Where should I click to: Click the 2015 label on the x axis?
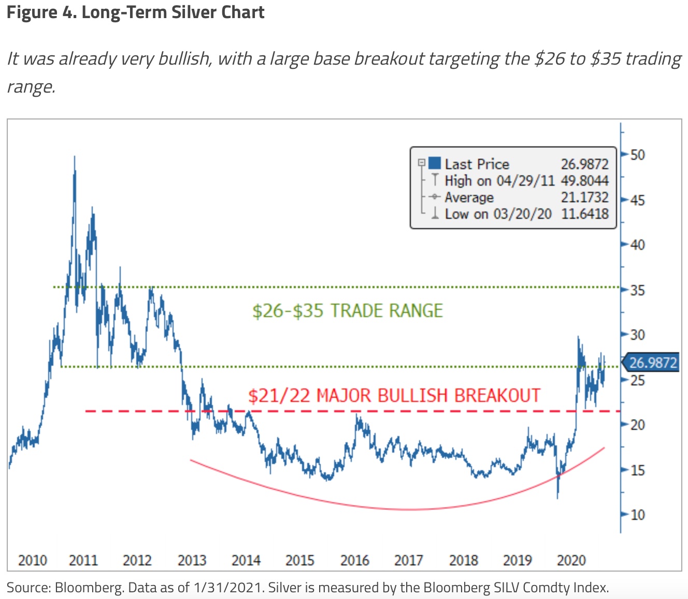coord(300,560)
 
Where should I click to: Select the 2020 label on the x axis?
coord(571,560)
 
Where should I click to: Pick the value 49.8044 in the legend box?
coord(584,181)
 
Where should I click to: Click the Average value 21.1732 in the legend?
coord(584,197)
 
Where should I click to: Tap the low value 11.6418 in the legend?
coord(584,214)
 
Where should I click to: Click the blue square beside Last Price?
coord(435,163)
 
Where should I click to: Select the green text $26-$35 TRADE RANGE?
coord(347,311)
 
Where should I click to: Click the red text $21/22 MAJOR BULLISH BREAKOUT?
coord(394,396)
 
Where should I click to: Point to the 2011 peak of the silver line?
coord(75,157)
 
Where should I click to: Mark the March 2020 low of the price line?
coord(557,498)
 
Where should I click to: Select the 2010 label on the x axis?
coord(32,560)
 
